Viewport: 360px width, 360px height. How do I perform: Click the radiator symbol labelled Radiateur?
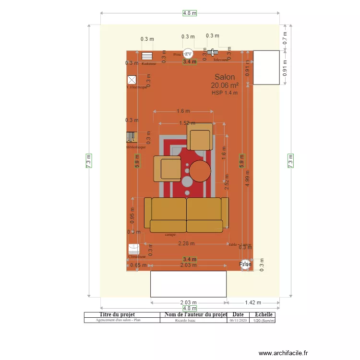coord(147,56)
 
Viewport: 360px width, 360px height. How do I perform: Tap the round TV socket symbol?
coord(188,54)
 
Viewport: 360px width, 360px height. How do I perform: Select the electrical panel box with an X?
coord(132,80)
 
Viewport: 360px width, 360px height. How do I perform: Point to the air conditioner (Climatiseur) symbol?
coord(134,249)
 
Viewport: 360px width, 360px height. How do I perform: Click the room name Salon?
coord(225,77)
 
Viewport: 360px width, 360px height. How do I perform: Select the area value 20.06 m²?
coord(225,85)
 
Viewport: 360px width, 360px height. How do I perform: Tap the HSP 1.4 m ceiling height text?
coord(225,93)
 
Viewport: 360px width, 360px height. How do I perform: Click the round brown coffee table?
coord(200,171)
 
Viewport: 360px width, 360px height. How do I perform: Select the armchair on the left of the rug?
coord(167,169)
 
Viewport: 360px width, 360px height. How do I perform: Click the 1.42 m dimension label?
coord(252,302)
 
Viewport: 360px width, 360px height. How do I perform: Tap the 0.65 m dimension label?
coord(138,265)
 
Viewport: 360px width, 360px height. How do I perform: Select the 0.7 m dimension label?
coord(285,38)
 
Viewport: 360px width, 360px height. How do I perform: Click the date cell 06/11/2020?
coord(238,320)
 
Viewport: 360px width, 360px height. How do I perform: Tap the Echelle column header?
coord(264,315)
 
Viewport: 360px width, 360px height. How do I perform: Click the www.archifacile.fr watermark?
coord(283,353)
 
